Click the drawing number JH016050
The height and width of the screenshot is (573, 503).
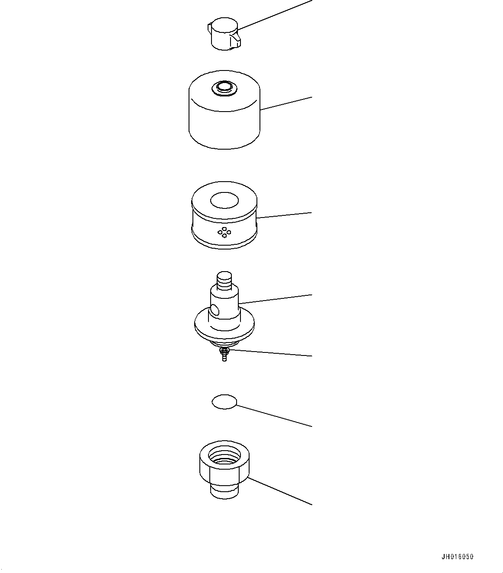458,557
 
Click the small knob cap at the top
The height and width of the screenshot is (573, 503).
224,34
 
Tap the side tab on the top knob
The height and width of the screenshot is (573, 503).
235,40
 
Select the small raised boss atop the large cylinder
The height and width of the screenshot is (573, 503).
224,88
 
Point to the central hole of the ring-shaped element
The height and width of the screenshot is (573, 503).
224,200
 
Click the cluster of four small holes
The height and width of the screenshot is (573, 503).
224,232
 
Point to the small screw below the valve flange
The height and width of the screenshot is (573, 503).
224,355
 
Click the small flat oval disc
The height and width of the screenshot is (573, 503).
224,402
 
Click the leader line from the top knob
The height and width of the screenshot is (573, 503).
274,15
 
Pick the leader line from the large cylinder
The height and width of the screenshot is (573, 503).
286,103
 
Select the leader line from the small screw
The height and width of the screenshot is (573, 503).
271,353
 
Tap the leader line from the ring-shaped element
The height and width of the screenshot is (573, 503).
284,215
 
